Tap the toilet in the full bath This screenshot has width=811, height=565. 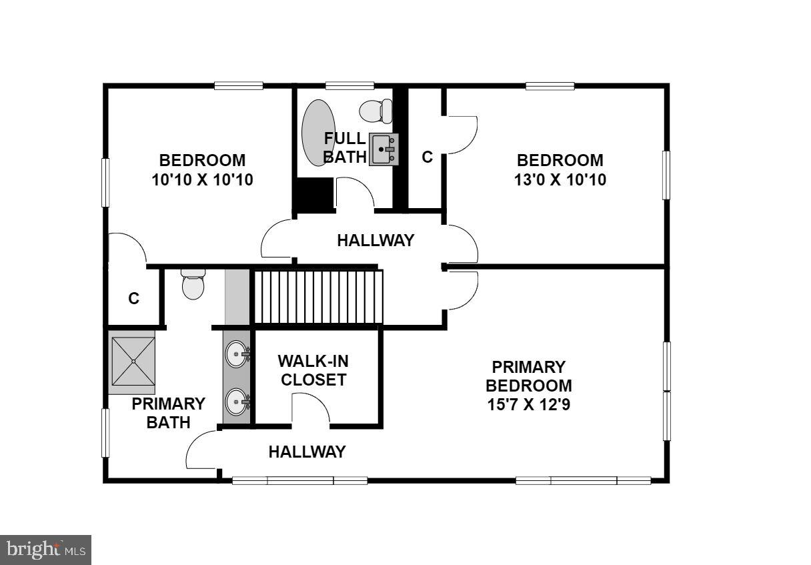pos(377,110)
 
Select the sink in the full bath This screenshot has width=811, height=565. pos(383,149)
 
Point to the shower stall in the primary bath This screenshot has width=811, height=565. pos(133,361)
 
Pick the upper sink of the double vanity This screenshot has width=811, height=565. pos(236,354)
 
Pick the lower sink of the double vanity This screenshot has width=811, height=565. pos(236,402)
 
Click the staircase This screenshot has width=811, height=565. pos(317,296)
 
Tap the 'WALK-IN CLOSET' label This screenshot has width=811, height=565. pos(313,371)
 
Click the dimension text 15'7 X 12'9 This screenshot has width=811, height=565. pos(528,404)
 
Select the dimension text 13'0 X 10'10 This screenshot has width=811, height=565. pos(560,179)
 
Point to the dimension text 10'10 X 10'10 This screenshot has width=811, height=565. pos(202,179)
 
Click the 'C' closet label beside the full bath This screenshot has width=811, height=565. pos(427,157)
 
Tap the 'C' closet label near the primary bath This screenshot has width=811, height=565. pos(134,299)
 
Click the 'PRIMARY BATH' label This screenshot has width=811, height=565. pos(168,413)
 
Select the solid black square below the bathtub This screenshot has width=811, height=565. pos(314,195)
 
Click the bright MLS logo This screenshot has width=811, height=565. pos(45,550)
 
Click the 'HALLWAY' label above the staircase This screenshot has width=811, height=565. pos(375,240)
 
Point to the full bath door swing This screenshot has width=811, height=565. pos(355,193)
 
